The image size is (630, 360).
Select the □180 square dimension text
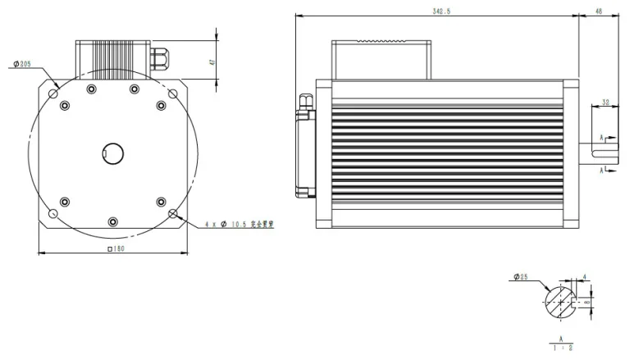116,248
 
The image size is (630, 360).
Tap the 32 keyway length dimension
605,103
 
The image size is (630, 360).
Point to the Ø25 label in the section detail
520,277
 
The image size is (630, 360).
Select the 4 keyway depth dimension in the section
584,278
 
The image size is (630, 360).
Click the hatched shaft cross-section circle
560,302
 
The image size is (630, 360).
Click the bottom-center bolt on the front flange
112,222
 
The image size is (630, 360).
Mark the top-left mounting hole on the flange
53,93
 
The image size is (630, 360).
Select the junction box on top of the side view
381,57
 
